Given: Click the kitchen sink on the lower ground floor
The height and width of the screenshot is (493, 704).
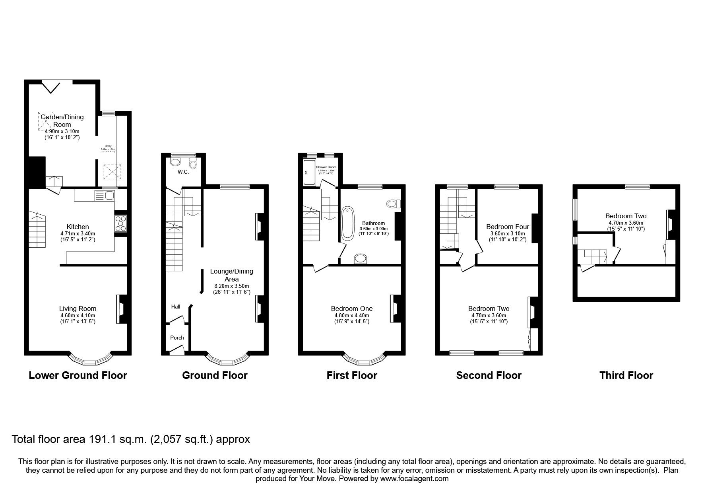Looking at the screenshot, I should pyautogui.click(x=105, y=195).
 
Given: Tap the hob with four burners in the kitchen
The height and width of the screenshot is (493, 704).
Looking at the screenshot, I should pyautogui.click(x=121, y=223).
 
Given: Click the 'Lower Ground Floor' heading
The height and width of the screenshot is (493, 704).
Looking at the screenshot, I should pyautogui.click(x=78, y=375).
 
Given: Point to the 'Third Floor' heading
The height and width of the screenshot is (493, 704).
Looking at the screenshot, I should pyautogui.click(x=626, y=375).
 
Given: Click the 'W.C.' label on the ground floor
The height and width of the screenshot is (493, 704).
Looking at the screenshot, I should pyautogui.click(x=183, y=172).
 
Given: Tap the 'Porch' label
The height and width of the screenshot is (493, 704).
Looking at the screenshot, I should pyautogui.click(x=177, y=338).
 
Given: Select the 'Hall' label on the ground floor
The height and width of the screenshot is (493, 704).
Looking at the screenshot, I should pyautogui.click(x=176, y=307).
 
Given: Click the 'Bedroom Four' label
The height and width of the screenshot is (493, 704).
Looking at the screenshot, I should pyautogui.click(x=508, y=227).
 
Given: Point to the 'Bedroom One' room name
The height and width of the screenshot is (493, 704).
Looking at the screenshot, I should pyautogui.click(x=351, y=309).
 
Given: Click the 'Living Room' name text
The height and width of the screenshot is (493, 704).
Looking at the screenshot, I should pyautogui.click(x=78, y=309).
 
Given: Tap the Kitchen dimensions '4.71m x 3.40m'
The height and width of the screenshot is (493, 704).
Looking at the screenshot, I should pyautogui.click(x=78, y=234).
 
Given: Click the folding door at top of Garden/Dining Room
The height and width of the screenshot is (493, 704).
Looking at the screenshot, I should pyautogui.click(x=51, y=87).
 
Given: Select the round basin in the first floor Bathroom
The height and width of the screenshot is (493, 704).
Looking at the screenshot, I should pyautogui.click(x=361, y=259).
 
